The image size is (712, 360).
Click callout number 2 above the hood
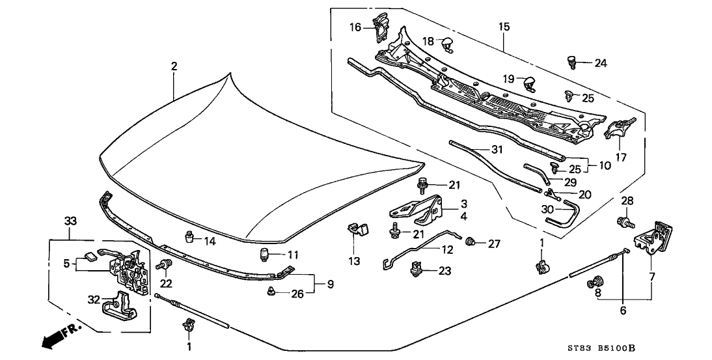click(174, 67)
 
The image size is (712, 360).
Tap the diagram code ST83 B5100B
click(601, 348)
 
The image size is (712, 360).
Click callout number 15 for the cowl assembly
click(504, 27)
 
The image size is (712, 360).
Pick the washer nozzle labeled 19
click(528, 83)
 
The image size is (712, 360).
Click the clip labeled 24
click(573, 62)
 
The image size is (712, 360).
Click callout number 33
click(70, 221)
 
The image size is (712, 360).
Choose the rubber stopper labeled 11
click(264, 255)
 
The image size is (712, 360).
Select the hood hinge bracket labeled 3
click(417, 210)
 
